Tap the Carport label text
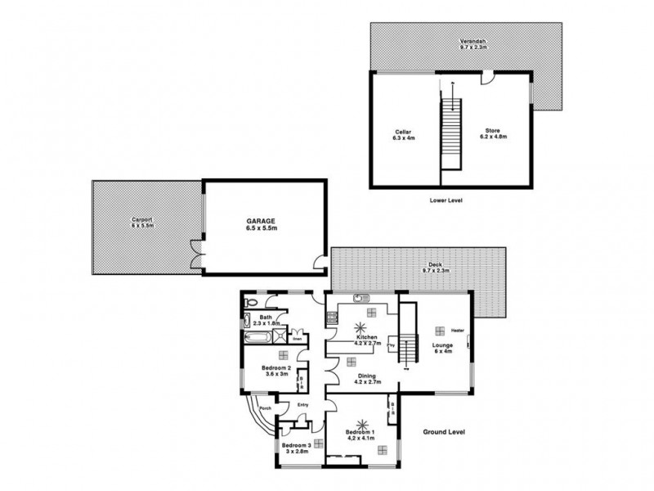tap(143, 222)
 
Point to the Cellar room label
tap(404, 134)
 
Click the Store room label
tap(495, 134)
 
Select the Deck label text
tap(436, 268)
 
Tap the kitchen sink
tap(360, 296)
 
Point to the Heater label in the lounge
tap(457, 330)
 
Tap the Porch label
tap(264, 409)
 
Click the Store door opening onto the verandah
tap(486, 79)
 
